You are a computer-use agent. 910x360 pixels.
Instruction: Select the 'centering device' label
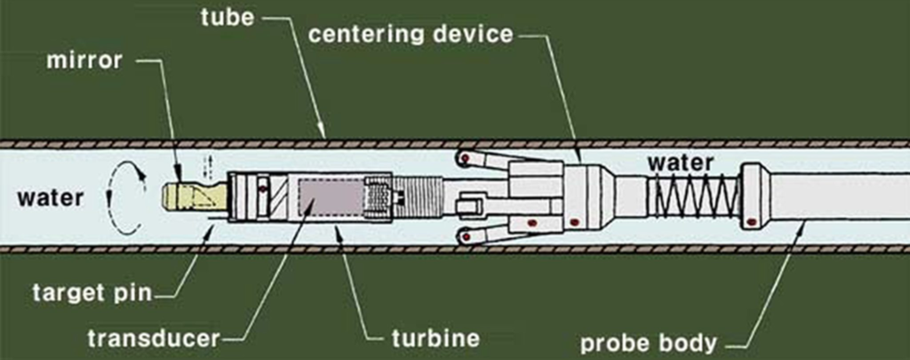point(411,36)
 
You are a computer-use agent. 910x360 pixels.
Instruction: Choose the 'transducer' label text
point(152,339)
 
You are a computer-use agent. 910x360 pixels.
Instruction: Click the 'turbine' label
point(435,338)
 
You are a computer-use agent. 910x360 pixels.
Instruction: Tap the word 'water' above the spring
point(680,163)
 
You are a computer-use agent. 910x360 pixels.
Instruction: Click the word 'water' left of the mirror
point(50,197)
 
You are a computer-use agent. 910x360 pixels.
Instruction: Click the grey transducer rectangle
point(329,196)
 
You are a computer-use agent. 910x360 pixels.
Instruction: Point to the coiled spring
point(694,196)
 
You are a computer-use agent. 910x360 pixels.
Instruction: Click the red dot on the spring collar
point(752,221)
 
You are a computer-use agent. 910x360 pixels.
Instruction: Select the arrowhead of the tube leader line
point(325,137)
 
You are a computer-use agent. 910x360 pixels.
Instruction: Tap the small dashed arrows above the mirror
point(211,166)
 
